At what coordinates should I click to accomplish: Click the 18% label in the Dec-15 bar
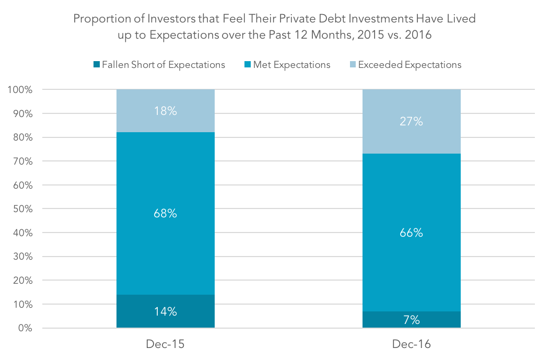[165, 111]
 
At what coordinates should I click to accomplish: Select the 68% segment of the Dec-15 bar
[165, 213]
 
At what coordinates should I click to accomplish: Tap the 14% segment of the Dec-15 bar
[165, 311]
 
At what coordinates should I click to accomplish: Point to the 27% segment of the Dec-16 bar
[412, 121]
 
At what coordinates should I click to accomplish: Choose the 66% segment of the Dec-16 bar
[412, 233]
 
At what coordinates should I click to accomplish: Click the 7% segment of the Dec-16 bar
[412, 319]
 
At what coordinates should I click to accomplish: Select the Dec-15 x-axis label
[165, 344]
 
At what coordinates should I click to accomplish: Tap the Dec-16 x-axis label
[412, 344]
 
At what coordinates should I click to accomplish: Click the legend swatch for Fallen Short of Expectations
[97, 64]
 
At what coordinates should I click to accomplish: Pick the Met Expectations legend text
[291, 65]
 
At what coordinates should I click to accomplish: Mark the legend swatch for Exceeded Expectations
[353, 64]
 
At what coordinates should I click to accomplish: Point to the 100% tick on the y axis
[20, 90]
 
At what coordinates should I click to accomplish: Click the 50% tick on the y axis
[23, 208]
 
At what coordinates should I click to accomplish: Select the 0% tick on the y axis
[25, 328]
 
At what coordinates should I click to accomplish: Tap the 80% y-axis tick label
[23, 137]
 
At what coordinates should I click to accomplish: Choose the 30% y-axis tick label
[23, 257]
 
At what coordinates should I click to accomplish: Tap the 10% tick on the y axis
[23, 304]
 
